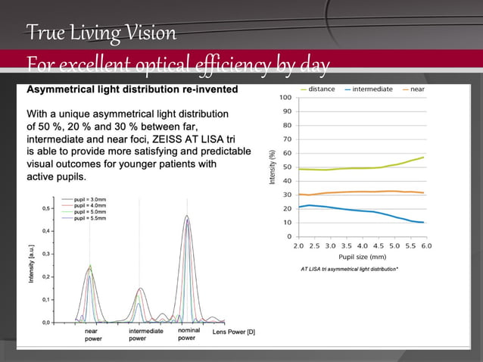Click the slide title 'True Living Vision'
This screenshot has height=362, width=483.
pyautogui.click(x=101, y=33)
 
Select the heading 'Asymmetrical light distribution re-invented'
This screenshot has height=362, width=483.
pyautogui.click(x=132, y=89)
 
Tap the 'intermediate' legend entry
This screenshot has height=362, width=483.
pyautogui.click(x=372, y=89)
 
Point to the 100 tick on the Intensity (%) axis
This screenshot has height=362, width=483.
pyautogui.click(x=286, y=98)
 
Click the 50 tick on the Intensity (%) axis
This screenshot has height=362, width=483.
pyautogui.click(x=288, y=167)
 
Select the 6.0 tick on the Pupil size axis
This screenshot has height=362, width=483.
pyautogui.click(x=426, y=246)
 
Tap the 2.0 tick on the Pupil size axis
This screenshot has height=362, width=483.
pyautogui.click(x=298, y=246)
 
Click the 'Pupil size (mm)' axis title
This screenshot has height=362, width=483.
pyautogui.click(x=362, y=257)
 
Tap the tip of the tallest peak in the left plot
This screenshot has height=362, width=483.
pyautogui.click(x=187, y=216)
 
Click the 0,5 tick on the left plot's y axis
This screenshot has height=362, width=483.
pyautogui.click(x=47, y=208)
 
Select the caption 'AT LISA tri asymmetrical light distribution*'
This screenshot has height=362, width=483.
pyautogui.click(x=349, y=269)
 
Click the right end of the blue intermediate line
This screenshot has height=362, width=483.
pyautogui.click(x=423, y=223)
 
